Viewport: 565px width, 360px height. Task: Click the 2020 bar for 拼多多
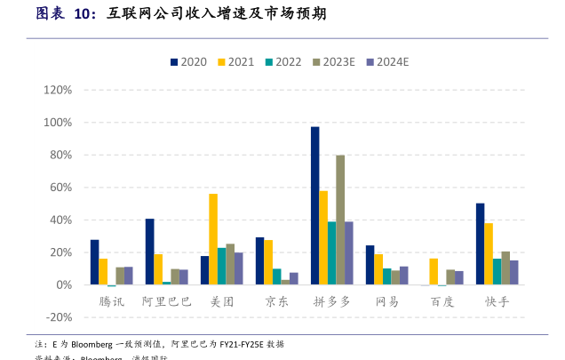click(x=315, y=205)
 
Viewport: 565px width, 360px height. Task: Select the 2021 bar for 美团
click(x=213, y=239)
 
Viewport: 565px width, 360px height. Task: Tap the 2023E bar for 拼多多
click(x=340, y=220)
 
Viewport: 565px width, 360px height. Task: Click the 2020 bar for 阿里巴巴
click(x=150, y=252)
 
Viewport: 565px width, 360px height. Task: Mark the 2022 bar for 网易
click(x=387, y=276)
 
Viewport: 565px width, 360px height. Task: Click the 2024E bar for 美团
click(x=238, y=268)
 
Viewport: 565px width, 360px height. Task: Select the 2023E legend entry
click(x=333, y=62)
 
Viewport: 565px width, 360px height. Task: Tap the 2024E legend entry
click(x=386, y=62)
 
